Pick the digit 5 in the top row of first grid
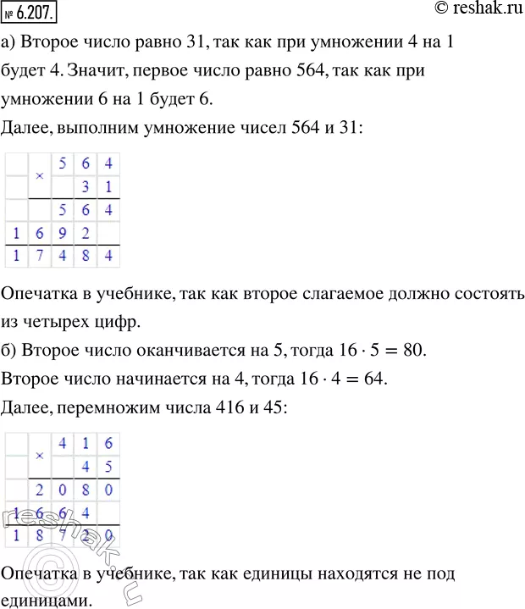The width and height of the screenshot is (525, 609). pos(60,161)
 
